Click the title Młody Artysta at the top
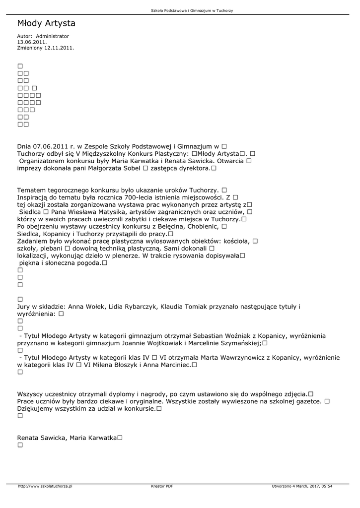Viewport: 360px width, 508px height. [46, 23]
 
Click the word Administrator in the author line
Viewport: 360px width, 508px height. [53, 36]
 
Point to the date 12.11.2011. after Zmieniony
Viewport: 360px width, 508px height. [59, 48]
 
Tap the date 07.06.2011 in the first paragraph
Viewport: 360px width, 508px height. [51, 146]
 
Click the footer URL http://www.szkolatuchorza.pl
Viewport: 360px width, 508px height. [45, 486]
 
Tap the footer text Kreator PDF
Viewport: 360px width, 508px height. [162, 486]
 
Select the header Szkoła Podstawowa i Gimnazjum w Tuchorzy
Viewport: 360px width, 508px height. [192, 10]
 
